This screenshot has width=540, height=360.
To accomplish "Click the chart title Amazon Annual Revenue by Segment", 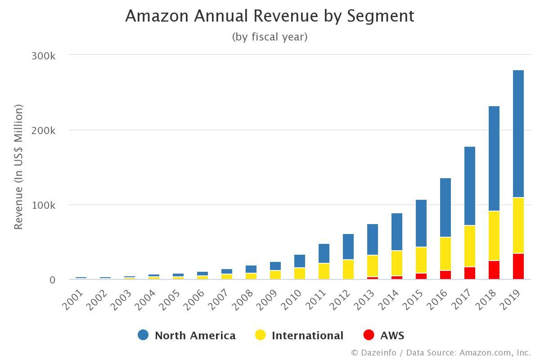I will [270, 16].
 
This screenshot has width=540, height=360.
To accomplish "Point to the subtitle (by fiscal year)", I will [270, 37].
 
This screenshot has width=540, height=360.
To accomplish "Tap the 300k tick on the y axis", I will [43, 56].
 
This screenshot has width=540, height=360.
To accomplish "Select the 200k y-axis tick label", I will [43, 130].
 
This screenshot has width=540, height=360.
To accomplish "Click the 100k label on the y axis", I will [43, 205].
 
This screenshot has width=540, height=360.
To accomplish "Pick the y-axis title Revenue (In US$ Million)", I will [18, 167].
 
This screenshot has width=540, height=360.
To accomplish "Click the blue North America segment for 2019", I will [518, 134].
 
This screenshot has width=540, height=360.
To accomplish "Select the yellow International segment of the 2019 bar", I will [518, 225].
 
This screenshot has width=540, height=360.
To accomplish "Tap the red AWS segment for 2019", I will [518, 266].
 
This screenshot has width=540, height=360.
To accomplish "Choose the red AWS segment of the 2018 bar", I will [494, 270].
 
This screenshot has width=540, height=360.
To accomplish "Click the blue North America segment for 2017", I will [470, 186].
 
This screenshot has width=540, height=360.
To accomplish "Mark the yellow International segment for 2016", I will [445, 254].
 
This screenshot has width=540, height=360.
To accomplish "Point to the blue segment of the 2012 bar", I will [348, 247].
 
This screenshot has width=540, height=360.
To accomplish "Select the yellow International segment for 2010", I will [300, 274].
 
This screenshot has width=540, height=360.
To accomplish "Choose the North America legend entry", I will [195, 336].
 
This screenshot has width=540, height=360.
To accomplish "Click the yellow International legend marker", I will [261, 335].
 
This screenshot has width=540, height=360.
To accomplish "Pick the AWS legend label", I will [392, 336].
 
